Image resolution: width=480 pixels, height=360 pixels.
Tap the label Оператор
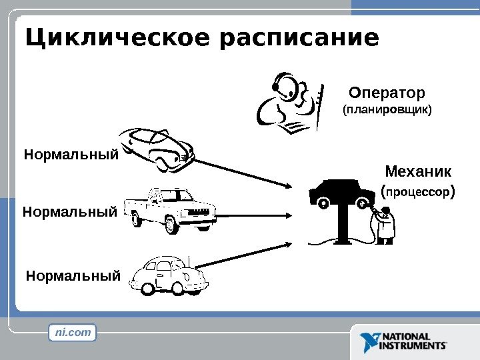tap(387, 91)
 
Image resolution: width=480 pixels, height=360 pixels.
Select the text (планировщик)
tap(387, 108)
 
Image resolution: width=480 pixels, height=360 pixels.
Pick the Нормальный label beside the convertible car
tap(71, 155)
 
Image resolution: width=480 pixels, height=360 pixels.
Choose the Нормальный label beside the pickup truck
tap(70, 213)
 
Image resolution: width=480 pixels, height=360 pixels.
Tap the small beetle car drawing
tap(169, 274)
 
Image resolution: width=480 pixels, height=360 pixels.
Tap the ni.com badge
tap(73, 332)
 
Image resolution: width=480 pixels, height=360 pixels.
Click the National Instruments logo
tap(403, 342)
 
